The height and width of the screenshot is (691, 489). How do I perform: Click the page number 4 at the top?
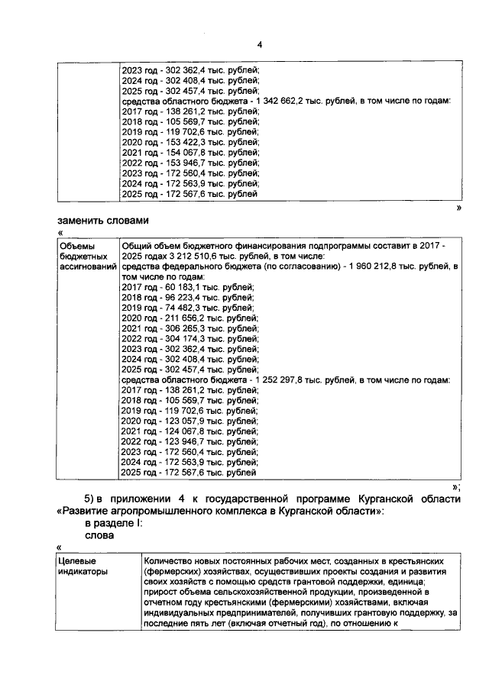coord(260,44)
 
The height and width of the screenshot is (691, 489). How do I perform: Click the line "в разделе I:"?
coord(112,525)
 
